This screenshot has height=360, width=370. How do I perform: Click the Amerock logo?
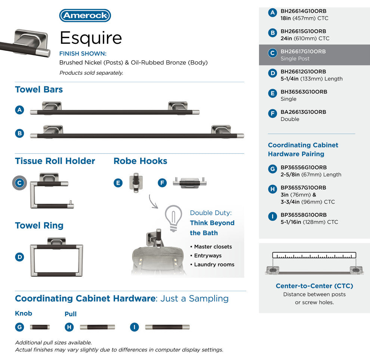[85, 15]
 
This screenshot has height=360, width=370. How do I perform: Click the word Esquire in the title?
[91, 38]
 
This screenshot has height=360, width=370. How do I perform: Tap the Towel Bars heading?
[39, 89]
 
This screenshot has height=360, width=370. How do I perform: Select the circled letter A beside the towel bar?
[19, 110]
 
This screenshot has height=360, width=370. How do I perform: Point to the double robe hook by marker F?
[190, 183]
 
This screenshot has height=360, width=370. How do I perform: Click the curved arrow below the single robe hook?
[153, 202]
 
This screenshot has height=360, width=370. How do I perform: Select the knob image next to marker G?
[40, 327]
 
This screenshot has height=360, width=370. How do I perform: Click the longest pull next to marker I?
[167, 327]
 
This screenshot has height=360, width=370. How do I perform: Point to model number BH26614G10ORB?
[303, 11]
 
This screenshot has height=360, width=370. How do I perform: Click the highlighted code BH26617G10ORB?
[303, 52]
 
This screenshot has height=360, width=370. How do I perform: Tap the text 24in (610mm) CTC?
[305, 38]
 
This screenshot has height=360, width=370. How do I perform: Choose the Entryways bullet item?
[208, 256]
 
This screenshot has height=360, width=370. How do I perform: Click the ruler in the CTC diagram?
[314, 255]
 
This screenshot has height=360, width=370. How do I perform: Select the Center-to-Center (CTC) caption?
[314, 286]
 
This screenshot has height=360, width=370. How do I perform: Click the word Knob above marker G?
[24, 314]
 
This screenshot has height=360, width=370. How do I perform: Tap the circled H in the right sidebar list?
[272, 189]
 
